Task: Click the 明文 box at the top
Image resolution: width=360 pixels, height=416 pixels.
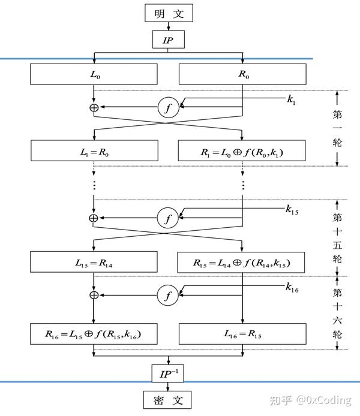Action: coord(168,13)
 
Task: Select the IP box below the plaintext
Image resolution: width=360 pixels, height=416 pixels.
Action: coord(168,40)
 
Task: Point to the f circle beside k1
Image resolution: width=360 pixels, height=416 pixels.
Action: coord(168,107)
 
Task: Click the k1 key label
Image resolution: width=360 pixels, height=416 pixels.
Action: coord(291,100)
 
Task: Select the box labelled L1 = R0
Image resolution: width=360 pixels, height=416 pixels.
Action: coord(94,152)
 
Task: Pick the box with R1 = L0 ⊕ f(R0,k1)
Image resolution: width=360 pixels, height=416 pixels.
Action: coord(242,152)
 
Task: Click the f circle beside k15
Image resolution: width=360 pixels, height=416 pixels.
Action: coord(168,219)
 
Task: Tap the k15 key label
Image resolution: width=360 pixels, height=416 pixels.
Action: coord(292,210)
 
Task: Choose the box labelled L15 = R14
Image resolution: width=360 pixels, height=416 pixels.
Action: coord(94,263)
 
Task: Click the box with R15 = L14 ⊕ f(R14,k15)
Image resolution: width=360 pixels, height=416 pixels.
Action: coord(242,263)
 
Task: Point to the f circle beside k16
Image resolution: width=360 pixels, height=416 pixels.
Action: coord(168,294)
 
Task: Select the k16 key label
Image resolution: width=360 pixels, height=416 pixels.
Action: coord(292,287)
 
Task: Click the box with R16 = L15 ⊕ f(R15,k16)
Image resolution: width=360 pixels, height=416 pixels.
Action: coord(94,332)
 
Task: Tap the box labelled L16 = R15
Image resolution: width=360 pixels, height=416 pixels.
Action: coord(242,332)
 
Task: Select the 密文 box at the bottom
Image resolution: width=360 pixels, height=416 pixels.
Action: coord(168,399)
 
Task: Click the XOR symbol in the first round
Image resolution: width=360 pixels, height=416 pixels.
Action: coord(94,107)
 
